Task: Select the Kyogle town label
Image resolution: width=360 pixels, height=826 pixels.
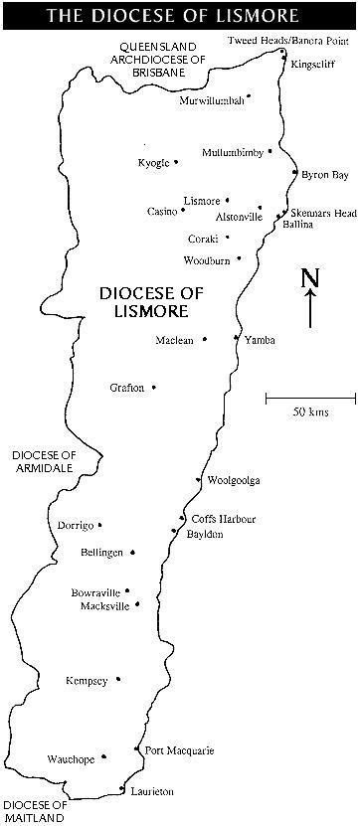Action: point(153,162)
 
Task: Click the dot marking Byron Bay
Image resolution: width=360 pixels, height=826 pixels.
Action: point(294,173)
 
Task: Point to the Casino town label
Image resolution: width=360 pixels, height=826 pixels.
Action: point(161,211)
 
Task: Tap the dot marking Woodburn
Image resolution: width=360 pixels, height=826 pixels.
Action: point(239,258)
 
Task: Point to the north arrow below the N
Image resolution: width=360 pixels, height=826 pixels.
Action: point(310,309)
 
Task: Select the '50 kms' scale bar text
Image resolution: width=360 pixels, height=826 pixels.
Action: point(310,412)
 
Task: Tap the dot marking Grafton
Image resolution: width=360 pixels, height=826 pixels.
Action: point(154,387)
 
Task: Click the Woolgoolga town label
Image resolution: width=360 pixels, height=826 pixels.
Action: point(234,481)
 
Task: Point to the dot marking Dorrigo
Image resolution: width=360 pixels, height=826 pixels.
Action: point(99,525)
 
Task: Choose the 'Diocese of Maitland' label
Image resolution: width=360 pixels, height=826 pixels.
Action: point(36,811)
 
